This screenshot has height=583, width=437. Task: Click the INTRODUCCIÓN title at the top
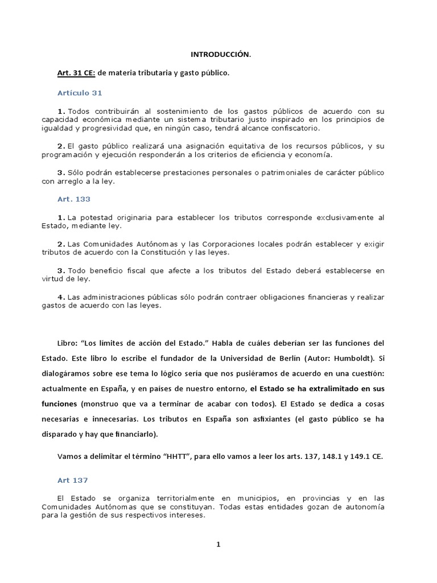tap(220, 55)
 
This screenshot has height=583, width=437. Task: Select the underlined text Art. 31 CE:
tap(77, 73)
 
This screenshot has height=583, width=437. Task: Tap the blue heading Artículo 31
tap(80, 92)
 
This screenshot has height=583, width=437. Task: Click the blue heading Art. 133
tap(74, 199)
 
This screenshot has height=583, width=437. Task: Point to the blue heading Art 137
tap(73, 481)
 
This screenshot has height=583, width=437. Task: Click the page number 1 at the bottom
tap(218, 544)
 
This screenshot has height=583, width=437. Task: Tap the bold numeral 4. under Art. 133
tap(61, 297)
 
